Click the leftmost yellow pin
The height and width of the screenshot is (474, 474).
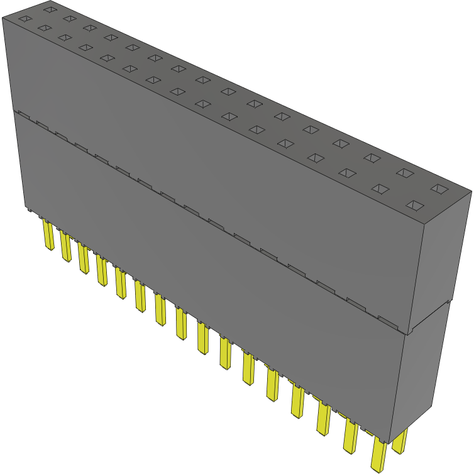click(x=48, y=235)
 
